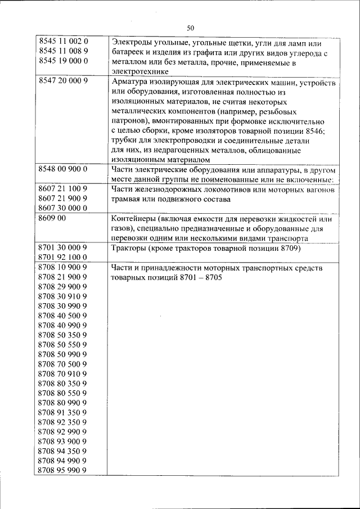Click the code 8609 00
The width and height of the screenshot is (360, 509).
point(52,219)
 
